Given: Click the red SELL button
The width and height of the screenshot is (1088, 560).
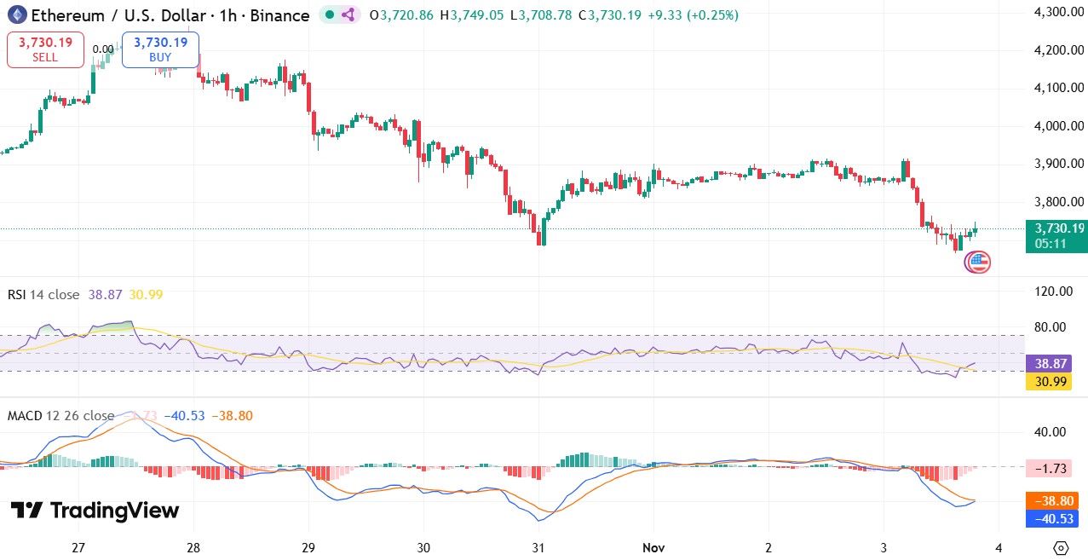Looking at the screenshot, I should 45,49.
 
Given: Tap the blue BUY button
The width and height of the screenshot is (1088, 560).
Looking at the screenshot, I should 160,49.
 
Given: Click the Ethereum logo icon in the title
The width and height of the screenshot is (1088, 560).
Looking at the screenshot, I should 17,14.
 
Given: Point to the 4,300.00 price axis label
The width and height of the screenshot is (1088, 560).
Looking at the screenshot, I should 1057,12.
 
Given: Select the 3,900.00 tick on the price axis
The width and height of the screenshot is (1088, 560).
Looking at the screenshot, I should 1057,164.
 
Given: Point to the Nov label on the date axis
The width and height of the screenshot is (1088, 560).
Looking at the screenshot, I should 653,547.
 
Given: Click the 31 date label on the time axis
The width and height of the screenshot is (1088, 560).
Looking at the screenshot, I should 538,547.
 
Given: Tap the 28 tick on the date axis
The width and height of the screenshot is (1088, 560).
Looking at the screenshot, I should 193,547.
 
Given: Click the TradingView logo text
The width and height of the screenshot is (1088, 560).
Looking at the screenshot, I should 95,511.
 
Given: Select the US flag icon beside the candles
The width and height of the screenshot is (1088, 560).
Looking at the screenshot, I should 977,263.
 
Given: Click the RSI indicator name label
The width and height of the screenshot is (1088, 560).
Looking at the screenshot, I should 16,295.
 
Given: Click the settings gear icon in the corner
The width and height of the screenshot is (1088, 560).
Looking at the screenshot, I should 1061,547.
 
